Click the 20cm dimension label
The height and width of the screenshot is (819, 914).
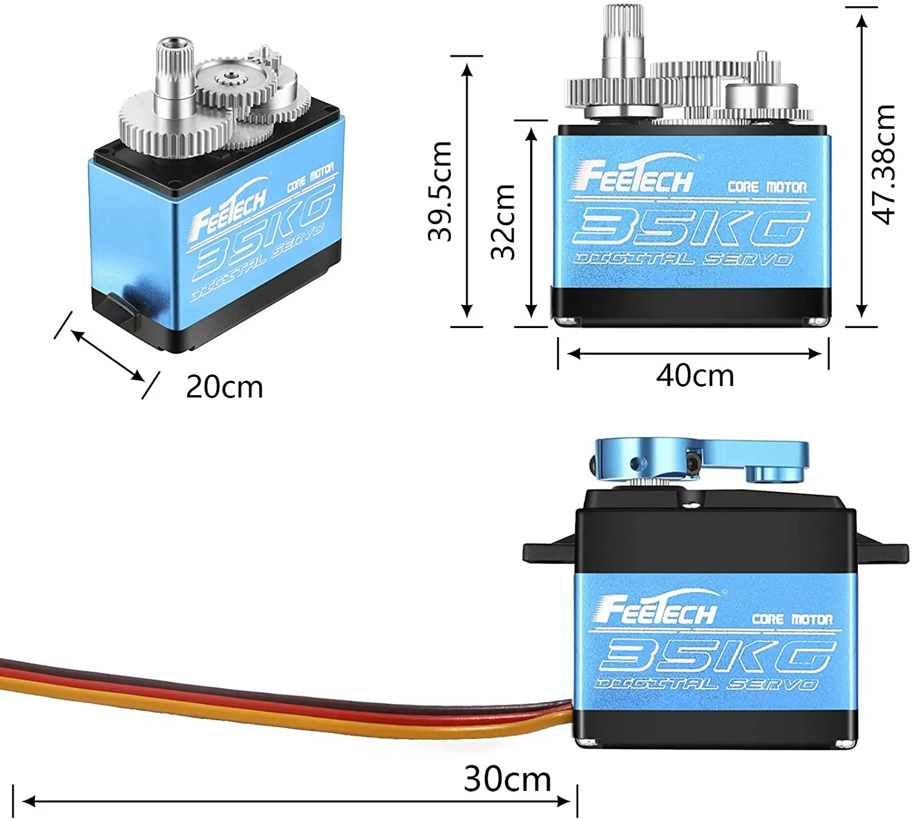click(224, 387)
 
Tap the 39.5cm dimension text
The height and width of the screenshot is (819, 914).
click(439, 191)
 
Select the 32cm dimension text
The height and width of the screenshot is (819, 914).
click(503, 221)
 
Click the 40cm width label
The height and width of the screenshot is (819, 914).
click(695, 375)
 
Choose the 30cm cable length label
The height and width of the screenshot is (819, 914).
click(507, 779)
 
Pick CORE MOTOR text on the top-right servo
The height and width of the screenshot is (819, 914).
click(767, 187)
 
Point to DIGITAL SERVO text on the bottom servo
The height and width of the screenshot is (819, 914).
click(707, 684)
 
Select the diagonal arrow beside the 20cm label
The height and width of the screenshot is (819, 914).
click(108, 355)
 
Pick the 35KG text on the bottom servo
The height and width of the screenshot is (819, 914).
click(715, 656)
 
